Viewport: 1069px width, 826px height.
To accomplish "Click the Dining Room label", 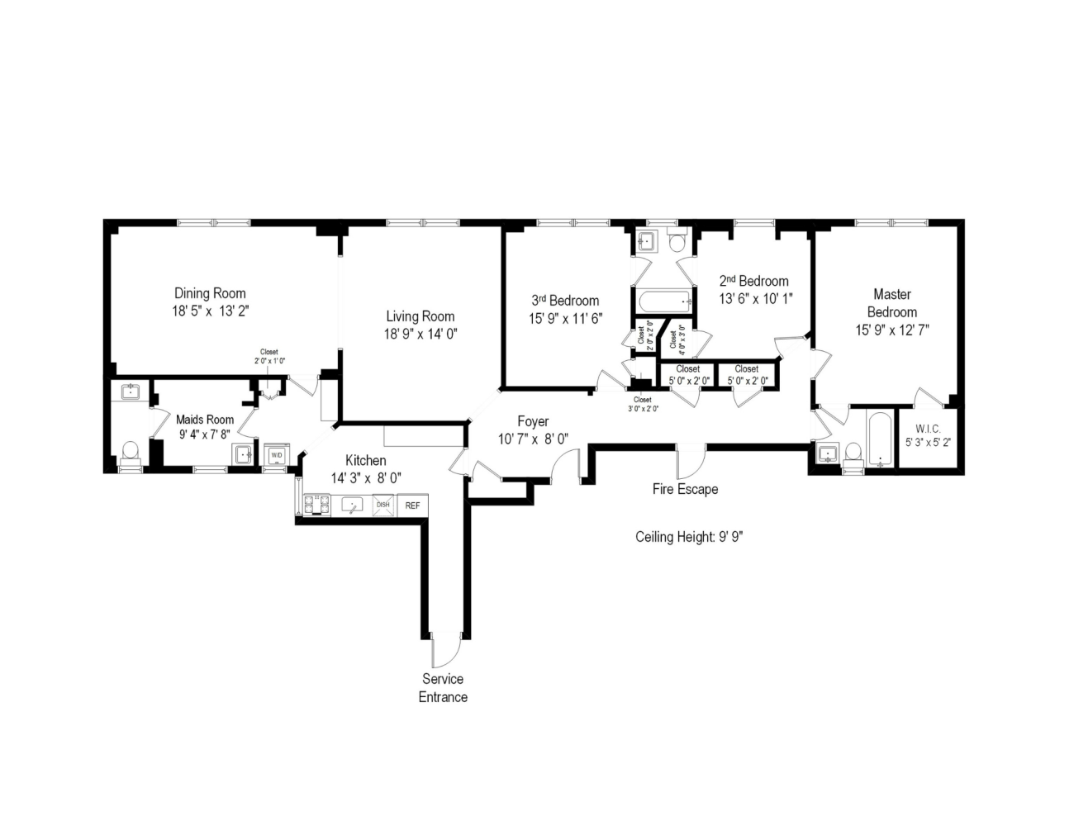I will (210, 293).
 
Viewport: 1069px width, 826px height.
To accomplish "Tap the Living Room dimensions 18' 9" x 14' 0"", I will (420, 334).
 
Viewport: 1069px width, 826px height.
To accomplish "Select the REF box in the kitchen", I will (412, 506).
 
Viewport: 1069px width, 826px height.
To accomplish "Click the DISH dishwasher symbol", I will (383, 506).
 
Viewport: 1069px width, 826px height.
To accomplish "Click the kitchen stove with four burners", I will (316, 505).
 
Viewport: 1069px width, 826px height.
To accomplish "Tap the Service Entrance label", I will (443, 688).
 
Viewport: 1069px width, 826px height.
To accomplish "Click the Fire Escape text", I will (685, 489).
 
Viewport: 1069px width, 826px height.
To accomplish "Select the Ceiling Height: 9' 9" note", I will (690, 537).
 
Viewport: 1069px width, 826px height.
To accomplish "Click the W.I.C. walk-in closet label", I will (928, 430).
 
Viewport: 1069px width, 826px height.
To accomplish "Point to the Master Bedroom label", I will (892, 303).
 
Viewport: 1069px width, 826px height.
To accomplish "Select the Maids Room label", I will (205, 420).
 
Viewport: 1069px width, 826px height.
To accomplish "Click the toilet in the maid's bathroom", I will (130, 452).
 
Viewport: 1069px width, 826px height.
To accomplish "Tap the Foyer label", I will (533, 422).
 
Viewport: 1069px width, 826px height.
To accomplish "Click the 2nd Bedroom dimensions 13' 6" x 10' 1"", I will (755, 298).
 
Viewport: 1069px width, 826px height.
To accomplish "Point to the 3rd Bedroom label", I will (565, 301).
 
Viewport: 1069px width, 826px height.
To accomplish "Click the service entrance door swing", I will (444, 652).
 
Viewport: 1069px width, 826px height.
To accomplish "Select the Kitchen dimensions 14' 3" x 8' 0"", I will (366, 478).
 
